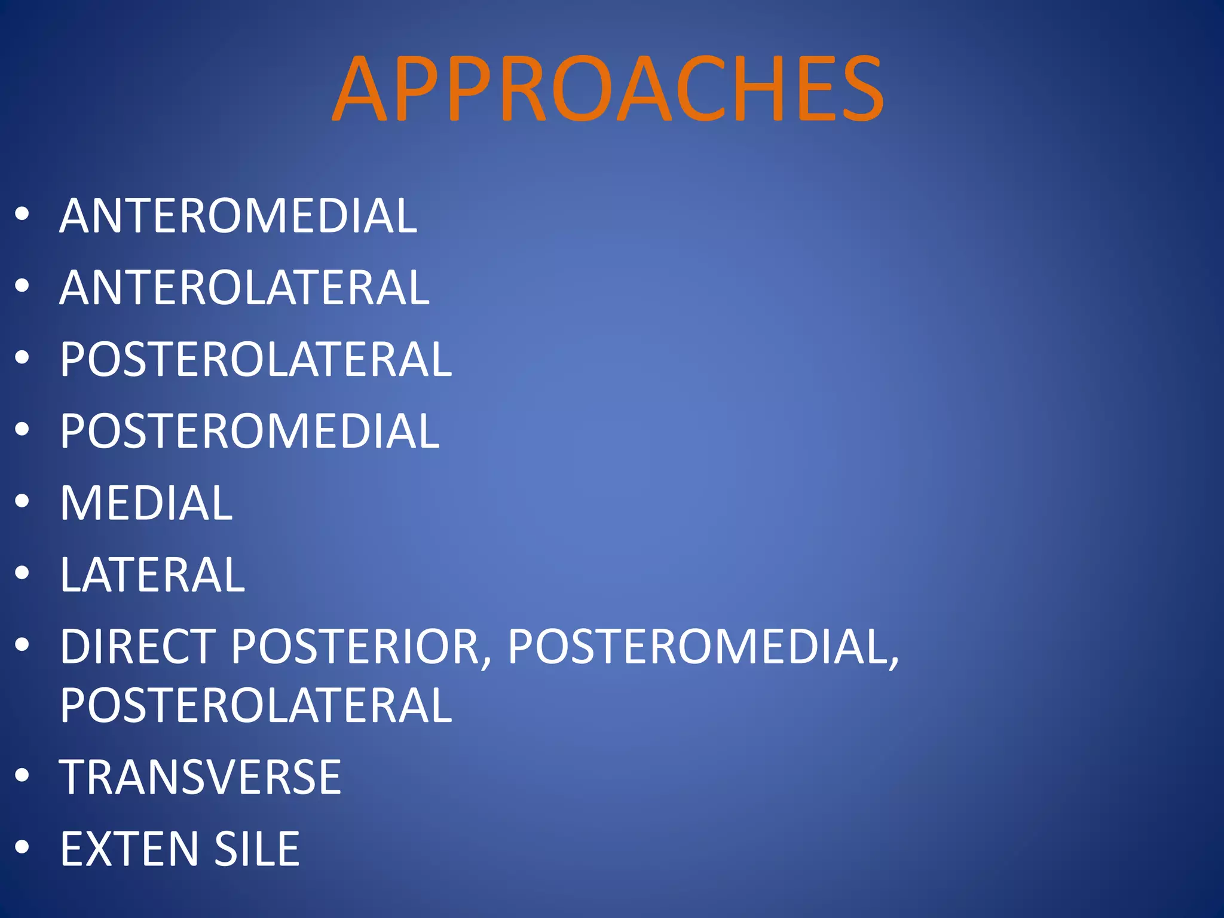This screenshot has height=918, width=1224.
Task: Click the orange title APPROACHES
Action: [608, 88]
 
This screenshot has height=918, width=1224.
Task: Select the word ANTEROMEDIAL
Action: [238, 216]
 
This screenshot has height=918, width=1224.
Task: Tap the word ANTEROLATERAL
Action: [244, 287]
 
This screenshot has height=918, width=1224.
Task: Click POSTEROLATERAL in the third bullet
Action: [256, 359]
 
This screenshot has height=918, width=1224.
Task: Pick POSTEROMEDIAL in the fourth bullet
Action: [250, 431]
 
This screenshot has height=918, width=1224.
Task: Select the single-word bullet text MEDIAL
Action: [146, 503]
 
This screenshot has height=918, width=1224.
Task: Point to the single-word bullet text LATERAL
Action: [152, 574]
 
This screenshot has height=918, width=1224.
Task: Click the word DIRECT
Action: [138, 646]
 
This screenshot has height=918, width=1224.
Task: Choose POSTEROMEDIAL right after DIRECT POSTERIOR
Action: [703, 646]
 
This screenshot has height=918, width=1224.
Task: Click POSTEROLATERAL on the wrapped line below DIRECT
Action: [256, 705]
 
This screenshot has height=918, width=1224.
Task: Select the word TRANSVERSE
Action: [200, 777]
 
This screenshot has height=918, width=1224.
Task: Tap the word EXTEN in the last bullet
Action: [129, 849]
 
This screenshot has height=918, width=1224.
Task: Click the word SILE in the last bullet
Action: [257, 849]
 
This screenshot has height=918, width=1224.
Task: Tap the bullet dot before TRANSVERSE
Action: [22, 775]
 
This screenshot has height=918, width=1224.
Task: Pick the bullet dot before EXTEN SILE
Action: [22, 847]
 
